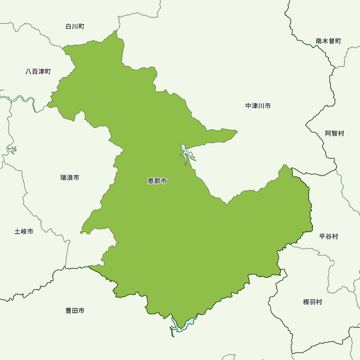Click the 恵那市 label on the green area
pyautogui.click(x=157, y=181)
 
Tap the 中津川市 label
pyautogui.click(x=258, y=106)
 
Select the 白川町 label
pyautogui.click(x=75, y=27)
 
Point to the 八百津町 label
pyautogui.click(x=38, y=72)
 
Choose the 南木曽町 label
pyautogui.click(x=328, y=41)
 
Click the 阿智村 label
pyautogui.click(x=334, y=133)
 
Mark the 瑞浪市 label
pyautogui.click(x=70, y=177)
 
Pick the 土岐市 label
pyautogui.click(x=24, y=231)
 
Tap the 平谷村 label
pyautogui.click(x=329, y=237)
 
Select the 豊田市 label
pyautogui.click(x=75, y=310)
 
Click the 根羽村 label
pyautogui.click(x=312, y=302)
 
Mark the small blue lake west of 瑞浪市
pyautogui.click(x=12, y=149)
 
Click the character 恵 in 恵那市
pyautogui.click(x=151, y=181)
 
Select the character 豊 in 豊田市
pyautogui.click(x=69, y=310)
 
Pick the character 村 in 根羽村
pyautogui.click(x=319, y=302)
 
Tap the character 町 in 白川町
pyautogui.click(x=81, y=27)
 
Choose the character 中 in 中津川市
pyautogui.click(x=249, y=106)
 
